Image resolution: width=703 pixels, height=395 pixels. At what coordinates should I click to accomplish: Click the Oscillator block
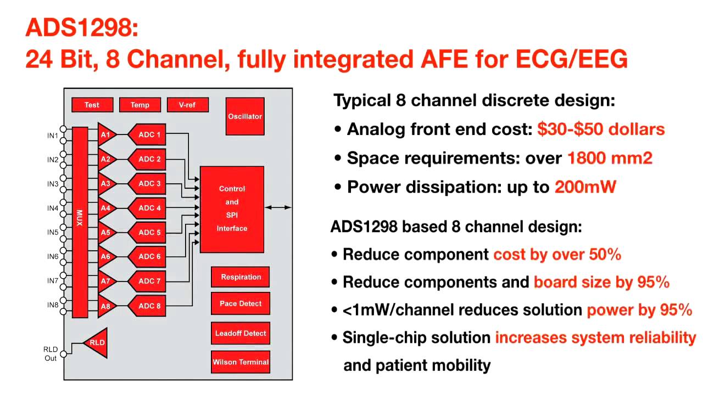click(x=245, y=116)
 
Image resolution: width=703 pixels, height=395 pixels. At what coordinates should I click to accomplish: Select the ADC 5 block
click(x=148, y=232)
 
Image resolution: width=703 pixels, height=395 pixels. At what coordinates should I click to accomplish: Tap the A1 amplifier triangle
click(x=105, y=135)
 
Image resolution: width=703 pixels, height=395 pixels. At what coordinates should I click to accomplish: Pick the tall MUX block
click(x=80, y=222)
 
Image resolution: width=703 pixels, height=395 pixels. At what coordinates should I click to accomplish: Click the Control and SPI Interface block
click(x=232, y=209)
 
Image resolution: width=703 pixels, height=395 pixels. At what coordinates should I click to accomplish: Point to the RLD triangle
click(x=96, y=343)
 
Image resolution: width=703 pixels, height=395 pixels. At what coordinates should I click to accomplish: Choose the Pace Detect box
click(x=241, y=303)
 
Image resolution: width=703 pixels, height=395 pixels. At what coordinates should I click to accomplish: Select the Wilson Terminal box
click(x=241, y=362)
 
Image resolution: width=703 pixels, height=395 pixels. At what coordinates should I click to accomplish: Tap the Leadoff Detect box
click(x=241, y=333)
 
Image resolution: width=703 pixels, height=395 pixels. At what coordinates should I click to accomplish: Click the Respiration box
click(x=241, y=277)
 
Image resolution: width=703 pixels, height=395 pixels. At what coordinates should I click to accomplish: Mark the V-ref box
click(x=187, y=105)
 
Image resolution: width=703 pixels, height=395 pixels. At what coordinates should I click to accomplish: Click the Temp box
click(x=140, y=105)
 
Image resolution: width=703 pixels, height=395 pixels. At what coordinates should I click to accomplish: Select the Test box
click(x=92, y=105)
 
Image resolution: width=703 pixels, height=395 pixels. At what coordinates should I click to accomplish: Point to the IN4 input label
click(x=52, y=208)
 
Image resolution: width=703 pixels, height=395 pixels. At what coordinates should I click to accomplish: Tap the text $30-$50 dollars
click(x=601, y=129)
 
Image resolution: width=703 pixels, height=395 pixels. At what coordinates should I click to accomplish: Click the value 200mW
click(x=585, y=187)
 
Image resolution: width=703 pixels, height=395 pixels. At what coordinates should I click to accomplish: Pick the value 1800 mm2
click(x=610, y=159)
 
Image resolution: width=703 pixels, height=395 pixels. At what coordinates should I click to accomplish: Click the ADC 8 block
click(x=148, y=306)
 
